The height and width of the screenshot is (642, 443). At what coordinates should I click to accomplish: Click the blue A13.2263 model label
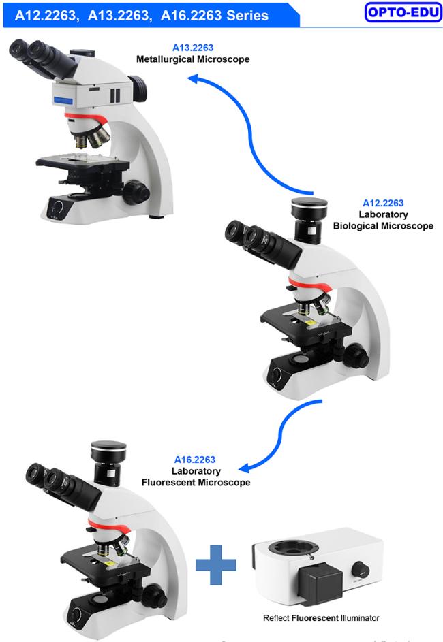[x=193, y=48]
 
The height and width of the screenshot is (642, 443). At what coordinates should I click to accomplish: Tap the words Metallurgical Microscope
[x=193, y=59]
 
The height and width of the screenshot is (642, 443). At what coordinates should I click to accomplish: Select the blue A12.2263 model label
[x=383, y=203]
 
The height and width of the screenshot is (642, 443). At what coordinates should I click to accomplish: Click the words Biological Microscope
[x=383, y=225]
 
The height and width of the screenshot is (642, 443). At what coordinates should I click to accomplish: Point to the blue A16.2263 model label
[x=195, y=460]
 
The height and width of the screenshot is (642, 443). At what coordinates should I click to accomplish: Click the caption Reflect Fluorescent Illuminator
[x=321, y=618]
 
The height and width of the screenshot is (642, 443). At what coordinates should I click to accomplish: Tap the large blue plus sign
[x=216, y=564]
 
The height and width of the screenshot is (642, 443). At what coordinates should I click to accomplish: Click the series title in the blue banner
[x=141, y=15]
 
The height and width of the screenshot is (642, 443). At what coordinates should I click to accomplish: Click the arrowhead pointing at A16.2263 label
[x=245, y=468]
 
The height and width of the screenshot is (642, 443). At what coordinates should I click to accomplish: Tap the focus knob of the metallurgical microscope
[x=136, y=191]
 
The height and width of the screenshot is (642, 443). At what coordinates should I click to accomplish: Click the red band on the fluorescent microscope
[x=108, y=526]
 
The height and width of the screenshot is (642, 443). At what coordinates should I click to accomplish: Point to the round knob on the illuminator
[x=360, y=570]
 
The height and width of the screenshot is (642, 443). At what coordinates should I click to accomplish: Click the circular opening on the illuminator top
[x=294, y=547]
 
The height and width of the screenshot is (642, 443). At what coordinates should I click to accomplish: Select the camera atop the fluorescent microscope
[x=108, y=463]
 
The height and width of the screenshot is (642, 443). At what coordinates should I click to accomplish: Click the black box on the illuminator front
[x=320, y=583]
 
